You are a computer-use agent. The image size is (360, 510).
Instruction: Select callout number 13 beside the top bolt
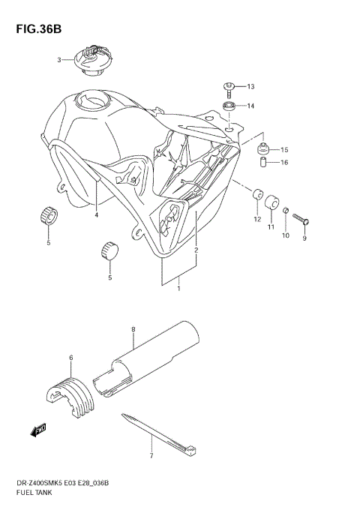click(x=251, y=86)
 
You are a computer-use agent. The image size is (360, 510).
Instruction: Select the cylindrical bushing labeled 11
click(x=272, y=203)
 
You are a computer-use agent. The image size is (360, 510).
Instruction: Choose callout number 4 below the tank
click(x=97, y=215)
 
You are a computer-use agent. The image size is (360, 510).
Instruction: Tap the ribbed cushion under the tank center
click(x=109, y=250)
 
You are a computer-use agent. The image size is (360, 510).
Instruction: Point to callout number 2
click(x=196, y=250)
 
